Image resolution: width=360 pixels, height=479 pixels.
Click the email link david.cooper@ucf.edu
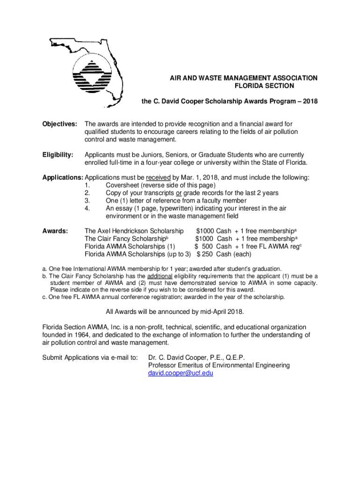[180, 373]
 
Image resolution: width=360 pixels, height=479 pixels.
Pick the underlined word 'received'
[158, 178]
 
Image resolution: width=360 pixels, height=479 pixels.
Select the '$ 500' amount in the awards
[204, 247]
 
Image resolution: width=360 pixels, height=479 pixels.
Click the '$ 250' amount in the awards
[205, 254]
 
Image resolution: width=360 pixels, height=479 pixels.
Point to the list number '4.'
[87, 208]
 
